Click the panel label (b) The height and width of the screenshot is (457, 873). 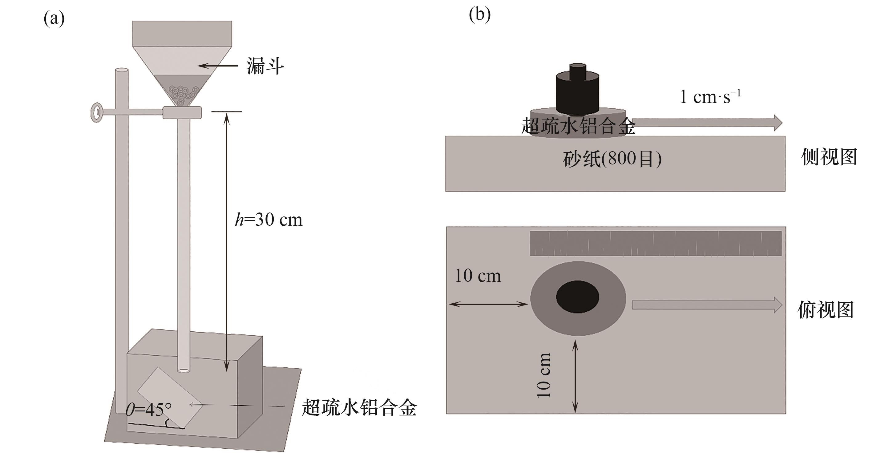pyautogui.click(x=479, y=14)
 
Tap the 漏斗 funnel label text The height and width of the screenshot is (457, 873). pyautogui.click(x=265, y=66)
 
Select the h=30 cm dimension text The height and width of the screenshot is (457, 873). pyautogui.click(x=269, y=220)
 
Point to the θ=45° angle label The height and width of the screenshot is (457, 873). pyautogui.click(x=148, y=410)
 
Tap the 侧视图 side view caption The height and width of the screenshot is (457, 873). pyautogui.click(x=829, y=157)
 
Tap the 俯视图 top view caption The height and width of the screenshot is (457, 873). pyautogui.click(x=826, y=309)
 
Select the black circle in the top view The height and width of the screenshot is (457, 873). pyautogui.click(x=577, y=297)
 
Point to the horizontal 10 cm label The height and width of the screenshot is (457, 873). pyautogui.click(x=478, y=276)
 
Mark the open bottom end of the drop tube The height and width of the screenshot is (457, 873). pyautogui.click(x=183, y=370)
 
